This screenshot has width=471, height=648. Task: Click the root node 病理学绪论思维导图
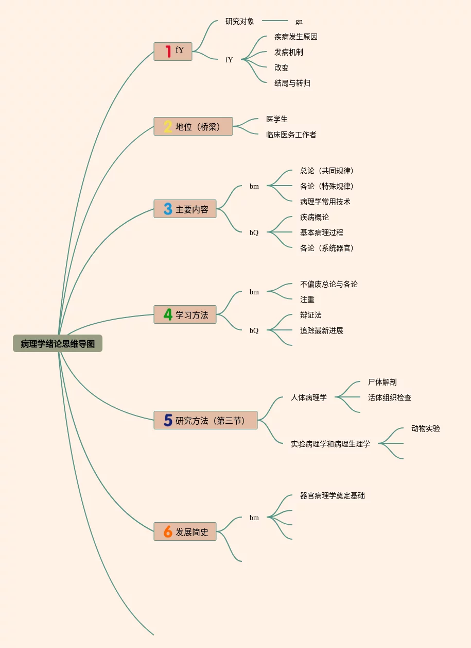(x=58, y=343)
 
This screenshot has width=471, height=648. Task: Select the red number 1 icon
(x=168, y=51)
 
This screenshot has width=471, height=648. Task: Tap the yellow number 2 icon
(x=168, y=126)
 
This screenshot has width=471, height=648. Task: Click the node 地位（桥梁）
(x=193, y=126)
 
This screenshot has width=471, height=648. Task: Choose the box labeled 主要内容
(x=185, y=209)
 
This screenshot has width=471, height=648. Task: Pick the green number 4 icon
(x=168, y=314)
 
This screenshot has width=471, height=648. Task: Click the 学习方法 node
(x=185, y=314)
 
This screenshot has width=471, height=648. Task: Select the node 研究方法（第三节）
(x=205, y=420)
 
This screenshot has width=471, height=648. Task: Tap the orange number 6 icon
(x=168, y=531)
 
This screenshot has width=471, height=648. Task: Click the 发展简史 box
(x=185, y=531)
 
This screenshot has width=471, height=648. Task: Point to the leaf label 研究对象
(x=240, y=21)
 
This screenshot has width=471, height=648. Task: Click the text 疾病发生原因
(x=295, y=37)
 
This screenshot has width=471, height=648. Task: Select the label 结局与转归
(x=292, y=83)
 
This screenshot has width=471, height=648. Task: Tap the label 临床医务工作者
(x=291, y=135)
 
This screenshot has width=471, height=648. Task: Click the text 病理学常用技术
(x=325, y=202)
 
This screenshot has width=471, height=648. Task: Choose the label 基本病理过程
(x=321, y=232)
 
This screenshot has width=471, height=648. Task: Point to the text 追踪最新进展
(x=321, y=330)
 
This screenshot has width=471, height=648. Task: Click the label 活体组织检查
(x=390, y=397)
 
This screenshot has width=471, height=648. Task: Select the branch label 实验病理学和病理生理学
(x=330, y=444)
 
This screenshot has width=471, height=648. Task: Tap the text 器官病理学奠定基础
(x=333, y=495)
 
